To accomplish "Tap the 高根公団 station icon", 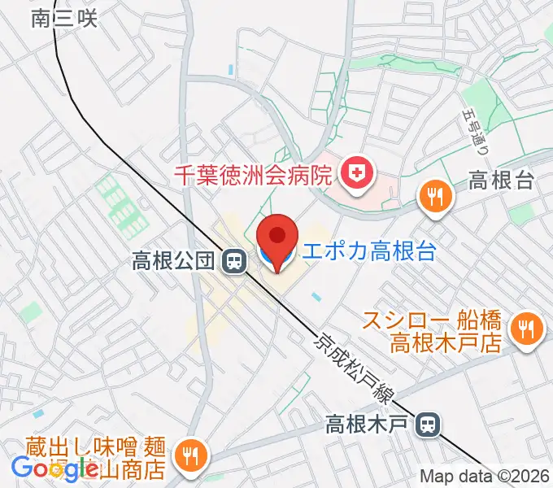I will tap(233, 261).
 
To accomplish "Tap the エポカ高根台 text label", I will tap(368, 251).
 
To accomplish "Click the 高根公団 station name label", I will tap(173, 261).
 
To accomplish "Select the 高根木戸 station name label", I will tap(369, 424).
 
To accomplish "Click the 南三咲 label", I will tap(64, 18).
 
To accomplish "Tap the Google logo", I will tap(54, 468).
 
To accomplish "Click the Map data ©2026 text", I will tap(485, 476).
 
